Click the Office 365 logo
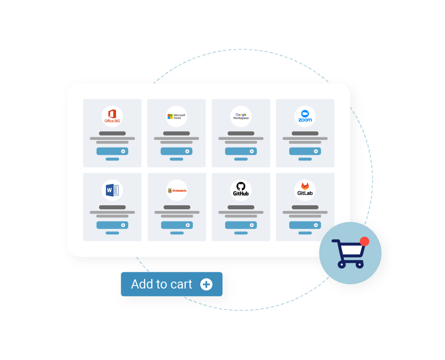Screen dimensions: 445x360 pyautogui.click(x=113, y=116)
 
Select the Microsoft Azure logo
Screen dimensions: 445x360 pyautogui.click(x=176, y=116)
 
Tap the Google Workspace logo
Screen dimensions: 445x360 pyautogui.click(x=241, y=116)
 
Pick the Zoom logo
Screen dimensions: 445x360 pyautogui.click(x=305, y=116)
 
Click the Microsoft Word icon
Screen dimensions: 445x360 pyautogui.click(x=113, y=190)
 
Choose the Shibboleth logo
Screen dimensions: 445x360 pyautogui.click(x=177, y=190)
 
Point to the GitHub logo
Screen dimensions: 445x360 pyautogui.click(x=241, y=189)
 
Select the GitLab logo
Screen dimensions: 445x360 pyautogui.click(x=305, y=189)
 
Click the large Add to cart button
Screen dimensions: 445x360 pyautogui.click(x=172, y=284)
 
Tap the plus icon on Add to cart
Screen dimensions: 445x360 pyautogui.click(x=206, y=284)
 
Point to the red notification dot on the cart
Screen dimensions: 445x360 pyautogui.click(x=364, y=241)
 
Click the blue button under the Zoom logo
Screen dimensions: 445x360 pyautogui.click(x=305, y=151)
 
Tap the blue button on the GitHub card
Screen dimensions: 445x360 pyautogui.click(x=241, y=225)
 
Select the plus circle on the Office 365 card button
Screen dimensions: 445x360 pyautogui.click(x=123, y=151)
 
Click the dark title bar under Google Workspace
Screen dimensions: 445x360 pyautogui.click(x=241, y=133)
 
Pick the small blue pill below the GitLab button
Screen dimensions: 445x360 pyautogui.click(x=305, y=233)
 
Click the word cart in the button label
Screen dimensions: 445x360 pyautogui.click(x=181, y=284)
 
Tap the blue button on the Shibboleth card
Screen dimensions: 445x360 pyautogui.click(x=177, y=225)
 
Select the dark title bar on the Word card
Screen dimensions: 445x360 pyautogui.click(x=113, y=207)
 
